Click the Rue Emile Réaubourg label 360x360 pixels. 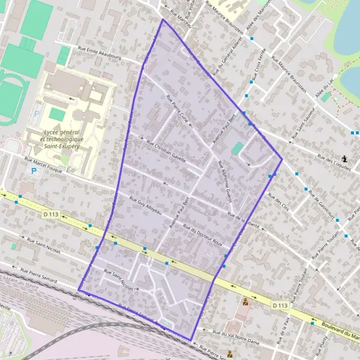101,53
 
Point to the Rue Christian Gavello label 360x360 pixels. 166,152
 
